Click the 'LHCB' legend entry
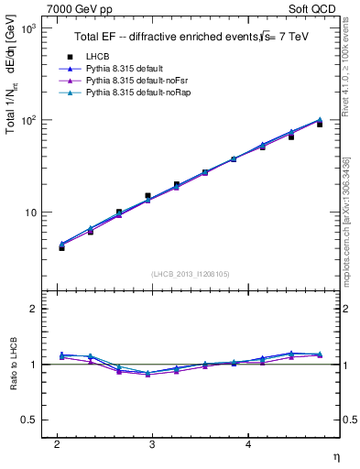click(96, 57)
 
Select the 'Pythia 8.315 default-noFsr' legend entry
click(133, 82)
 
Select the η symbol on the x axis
click(335, 455)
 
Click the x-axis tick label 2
click(57, 444)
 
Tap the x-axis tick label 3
click(152, 444)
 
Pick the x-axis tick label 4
click(248, 444)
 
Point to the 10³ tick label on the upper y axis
click(27, 29)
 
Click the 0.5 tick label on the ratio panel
click(30, 420)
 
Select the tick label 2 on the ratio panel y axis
click(34, 309)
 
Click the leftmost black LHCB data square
click(61, 247)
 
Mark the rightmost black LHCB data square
click(320, 124)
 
